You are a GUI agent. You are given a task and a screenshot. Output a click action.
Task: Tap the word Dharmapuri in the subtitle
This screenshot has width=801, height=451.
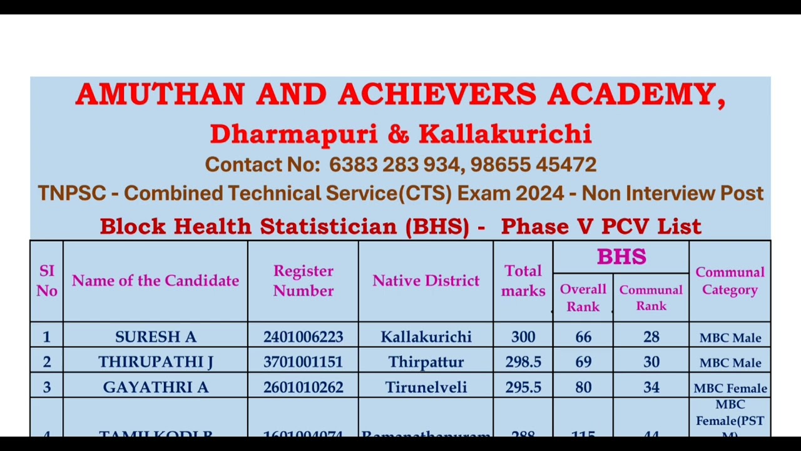(x=293, y=134)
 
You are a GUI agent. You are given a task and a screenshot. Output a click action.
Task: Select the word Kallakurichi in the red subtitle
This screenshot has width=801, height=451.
(x=505, y=134)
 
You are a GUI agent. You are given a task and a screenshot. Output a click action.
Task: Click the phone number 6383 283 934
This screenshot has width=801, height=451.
(x=395, y=165)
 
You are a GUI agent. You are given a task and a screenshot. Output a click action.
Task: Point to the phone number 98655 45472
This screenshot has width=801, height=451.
(x=533, y=165)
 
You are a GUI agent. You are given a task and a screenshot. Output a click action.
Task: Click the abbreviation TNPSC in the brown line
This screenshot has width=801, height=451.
(x=71, y=193)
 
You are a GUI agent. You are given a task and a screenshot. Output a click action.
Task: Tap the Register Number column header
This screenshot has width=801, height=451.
(x=304, y=281)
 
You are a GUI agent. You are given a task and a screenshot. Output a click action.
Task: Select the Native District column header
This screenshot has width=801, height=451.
(x=426, y=281)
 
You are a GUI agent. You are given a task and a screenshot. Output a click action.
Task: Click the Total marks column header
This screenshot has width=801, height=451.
(x=523, y=281)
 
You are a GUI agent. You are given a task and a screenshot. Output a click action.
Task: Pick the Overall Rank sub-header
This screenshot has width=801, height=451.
(x=583, y=298)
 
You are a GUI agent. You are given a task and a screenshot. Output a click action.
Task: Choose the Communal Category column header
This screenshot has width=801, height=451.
(x=730, y=281)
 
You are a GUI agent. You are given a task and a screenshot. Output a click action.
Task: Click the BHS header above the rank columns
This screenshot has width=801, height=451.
(x=621, y=257)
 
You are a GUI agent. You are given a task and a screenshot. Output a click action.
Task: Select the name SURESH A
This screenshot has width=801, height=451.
(x=156, y=337)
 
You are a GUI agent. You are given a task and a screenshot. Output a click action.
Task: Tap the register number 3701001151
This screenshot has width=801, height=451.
(x=304, y=362)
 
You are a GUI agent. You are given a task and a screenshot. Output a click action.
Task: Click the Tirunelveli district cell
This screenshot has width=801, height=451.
(x=426, y=387)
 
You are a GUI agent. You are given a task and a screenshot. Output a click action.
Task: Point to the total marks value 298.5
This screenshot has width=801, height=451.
(x=523, y=362)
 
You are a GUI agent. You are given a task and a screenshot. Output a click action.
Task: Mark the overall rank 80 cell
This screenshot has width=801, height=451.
(x=583, y=387)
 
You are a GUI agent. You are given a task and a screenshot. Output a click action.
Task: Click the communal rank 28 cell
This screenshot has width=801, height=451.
(x=651, y=337)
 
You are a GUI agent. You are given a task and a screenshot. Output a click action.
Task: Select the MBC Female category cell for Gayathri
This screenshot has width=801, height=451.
(x=730, y=388)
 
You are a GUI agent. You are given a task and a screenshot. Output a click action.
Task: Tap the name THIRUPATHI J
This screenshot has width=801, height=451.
(x=156, y=362)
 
